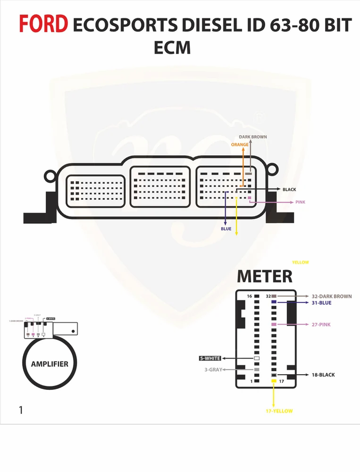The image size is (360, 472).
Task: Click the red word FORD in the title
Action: tap(43, 24)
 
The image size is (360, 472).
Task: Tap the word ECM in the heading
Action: tap(172, 48)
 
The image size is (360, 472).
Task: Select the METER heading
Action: tap(265, 276)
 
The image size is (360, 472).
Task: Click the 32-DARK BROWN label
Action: tap(331, 296)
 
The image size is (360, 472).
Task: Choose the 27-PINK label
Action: tap(321, 324)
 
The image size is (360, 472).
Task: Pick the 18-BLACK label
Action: tap(323, 375)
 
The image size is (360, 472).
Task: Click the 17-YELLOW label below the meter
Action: tap(279, 411)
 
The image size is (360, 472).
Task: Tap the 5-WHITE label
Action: tap(210, 358)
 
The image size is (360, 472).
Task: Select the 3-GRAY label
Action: tap(212, 369)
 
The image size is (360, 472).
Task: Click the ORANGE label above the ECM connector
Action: tap(240, 145)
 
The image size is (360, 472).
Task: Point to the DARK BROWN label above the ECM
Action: tap(253, 137)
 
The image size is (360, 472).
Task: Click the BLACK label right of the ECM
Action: tap(289, 189)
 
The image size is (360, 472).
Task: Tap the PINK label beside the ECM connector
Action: tap(300, 202)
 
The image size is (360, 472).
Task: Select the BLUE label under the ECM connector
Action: tap(226, 229)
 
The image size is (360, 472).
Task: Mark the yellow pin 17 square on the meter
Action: tap(274, 381)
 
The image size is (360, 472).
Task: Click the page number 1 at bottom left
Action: tap(20, 410)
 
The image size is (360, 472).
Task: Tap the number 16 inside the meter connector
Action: tap(249, 296)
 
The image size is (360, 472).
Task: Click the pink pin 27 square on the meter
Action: tap(274, 324)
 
